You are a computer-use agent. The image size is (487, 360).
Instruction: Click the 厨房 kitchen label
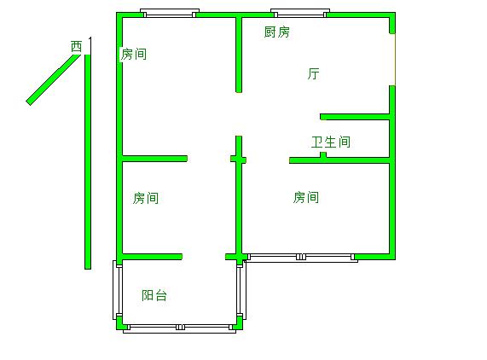pyautogui.click(x=276, y=32)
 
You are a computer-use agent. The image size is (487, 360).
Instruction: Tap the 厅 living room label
pyautogui.click(x=313, y=74)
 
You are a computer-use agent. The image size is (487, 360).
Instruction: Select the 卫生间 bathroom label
pyautogui.click(x=331, y=142)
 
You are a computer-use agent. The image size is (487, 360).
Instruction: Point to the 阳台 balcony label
pyautogui.click(x=154, y=295)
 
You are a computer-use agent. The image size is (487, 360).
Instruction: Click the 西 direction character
pyautogui.click(x=77, y=46)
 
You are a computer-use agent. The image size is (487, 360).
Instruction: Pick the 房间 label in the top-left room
pyautogui.click(x=134, y=54)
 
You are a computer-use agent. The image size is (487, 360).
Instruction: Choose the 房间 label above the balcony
pyautogui.click(x=146, y=198)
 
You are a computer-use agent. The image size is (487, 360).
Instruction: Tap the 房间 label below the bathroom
pyautogui.click(x=306, y=197)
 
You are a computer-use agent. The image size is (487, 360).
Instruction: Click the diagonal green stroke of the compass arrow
pyautogui.click(x=53, y=80)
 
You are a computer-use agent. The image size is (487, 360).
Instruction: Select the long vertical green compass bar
pyautogui.click(x=88, y=162)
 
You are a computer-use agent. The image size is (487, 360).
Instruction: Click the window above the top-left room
pyautogui.click(x=170, y=13)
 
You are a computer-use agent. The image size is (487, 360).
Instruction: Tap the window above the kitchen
pyautogui.click(x=300, y=13)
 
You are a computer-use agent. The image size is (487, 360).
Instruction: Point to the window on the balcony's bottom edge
pyautogui.click(x=179, y=328)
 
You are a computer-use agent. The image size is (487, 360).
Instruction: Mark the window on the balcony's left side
pyautogui.click(x=117, y=290)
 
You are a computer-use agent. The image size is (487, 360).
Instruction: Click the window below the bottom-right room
pyautogui.click(x=301, y=258)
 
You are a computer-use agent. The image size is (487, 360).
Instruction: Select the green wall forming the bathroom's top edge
pyautogui.click(x=355, y=117)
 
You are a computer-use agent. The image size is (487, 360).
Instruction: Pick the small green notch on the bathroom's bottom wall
pyautogui.click(x=323, y=154)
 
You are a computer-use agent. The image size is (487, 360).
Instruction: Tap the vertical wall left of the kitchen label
pyautogui.click(x=239, y=55)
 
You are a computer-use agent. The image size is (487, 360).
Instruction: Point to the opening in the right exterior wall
pyautogui.click(x=393, y=60)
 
